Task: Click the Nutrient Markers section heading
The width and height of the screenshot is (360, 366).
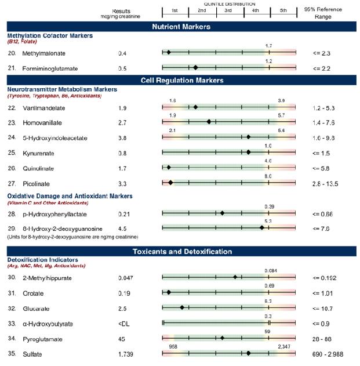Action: coord(180,27)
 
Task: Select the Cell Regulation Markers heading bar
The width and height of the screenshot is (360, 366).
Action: coord(180,80)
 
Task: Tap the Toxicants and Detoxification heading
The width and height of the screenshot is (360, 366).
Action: coord(180,252)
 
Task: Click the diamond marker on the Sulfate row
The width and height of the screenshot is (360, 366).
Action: coord(248,353)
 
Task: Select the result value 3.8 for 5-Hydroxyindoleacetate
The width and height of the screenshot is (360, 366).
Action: coord(123,138)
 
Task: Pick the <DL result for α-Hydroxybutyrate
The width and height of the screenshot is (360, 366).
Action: coord(123,322)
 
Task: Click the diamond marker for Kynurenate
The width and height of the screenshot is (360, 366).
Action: coord(248,153)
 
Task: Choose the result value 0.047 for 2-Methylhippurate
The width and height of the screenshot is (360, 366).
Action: coord(125,278)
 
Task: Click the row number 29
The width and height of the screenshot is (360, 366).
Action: coord(12,229)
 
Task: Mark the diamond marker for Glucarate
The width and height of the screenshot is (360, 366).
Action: coord(182,307)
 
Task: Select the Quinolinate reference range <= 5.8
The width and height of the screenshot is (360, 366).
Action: coord(322,168)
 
